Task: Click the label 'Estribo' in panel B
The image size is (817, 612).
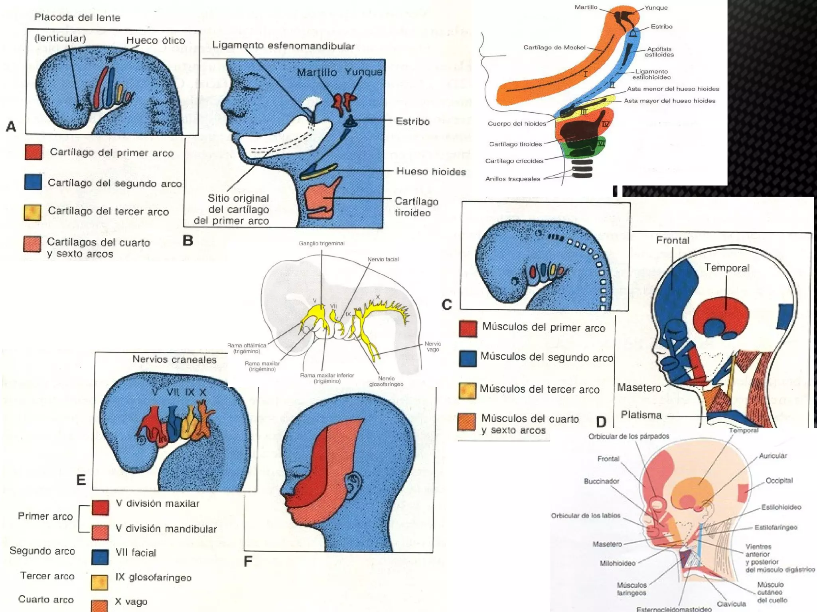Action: point(412,121)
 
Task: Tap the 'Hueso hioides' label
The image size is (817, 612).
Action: point(431,172)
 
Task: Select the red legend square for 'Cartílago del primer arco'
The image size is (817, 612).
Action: point(34,152)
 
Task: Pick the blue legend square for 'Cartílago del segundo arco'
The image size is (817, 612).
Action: point(33,182)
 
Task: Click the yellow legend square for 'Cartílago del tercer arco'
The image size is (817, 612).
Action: point(33,212)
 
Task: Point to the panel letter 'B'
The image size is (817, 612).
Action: point(188,241)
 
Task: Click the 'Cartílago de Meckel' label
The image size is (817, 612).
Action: point(554,47)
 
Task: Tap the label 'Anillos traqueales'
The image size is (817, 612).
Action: point(513,179)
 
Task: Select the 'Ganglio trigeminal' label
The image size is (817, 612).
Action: point(322,243)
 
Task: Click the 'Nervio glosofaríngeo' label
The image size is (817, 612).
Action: point(386,381)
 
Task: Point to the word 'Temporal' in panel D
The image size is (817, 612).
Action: point(727,268)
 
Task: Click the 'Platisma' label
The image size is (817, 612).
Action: point(641,415)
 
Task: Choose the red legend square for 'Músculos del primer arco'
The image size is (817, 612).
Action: point(468,329)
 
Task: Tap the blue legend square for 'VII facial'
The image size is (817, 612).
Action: point(100,557)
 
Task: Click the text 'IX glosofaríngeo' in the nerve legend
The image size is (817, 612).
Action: point(153,577)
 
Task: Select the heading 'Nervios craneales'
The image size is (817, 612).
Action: point(174,359)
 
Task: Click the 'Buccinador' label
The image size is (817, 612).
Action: point(601,481)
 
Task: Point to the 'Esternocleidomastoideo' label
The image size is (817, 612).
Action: point(674,609)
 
